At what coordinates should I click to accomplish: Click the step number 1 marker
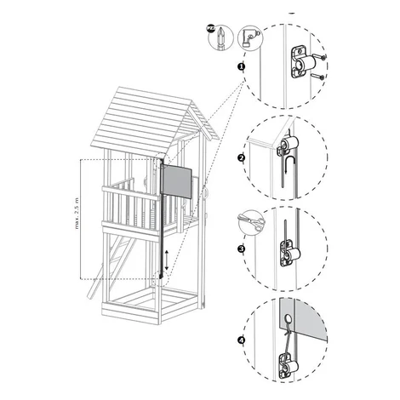click(x=241, y=67)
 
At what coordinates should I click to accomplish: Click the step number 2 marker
click(x=241, y=158)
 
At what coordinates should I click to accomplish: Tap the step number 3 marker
click(x=241, y=249)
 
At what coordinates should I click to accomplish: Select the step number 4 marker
click(x=241, y=340)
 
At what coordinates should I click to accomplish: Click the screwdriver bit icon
click(x=220, y=38)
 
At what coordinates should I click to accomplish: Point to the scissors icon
click(x=251, y=222)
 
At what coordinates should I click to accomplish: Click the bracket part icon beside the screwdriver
click(x=250, y=37)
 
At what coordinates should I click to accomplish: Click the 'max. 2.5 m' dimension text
click(x=77, y=213)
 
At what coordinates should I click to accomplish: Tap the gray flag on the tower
click(x=177, y=181)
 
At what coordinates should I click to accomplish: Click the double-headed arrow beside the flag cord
click(x=167, y=260)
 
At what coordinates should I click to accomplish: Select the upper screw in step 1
click(x=319, y=57)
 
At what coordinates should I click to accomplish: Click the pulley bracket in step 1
click(x=302, y=62)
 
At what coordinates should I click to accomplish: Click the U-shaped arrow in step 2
click(x=291, y=164)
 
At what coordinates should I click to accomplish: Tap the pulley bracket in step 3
click(x=290, y=254)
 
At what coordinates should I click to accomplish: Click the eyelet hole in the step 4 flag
click(x=287, y=318)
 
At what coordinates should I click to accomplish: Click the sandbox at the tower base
click(x=151, y=305)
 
